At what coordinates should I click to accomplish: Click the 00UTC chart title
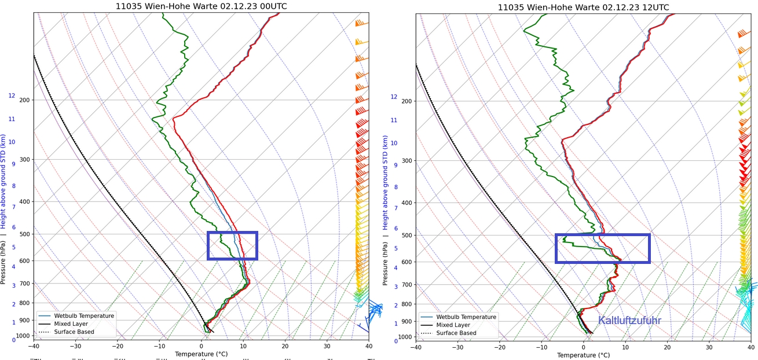(201, 6)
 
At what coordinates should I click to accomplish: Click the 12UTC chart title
(584, 7)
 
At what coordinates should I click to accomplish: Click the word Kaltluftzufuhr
(629, 321)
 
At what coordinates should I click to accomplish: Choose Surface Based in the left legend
(74, 332)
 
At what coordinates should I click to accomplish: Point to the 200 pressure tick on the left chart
(24, 100)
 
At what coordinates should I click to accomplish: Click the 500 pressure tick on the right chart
(407, 236)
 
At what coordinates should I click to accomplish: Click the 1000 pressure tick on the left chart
(23, 336)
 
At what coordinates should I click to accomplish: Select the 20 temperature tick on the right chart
(667, 347)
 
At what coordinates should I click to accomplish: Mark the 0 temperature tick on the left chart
(201, 346)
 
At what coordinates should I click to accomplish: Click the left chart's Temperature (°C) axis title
(200, 354)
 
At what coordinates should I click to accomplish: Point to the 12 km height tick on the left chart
(11, 95)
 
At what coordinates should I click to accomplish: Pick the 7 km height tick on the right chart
(396, 208)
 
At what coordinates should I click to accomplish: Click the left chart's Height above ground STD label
(3, 181)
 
